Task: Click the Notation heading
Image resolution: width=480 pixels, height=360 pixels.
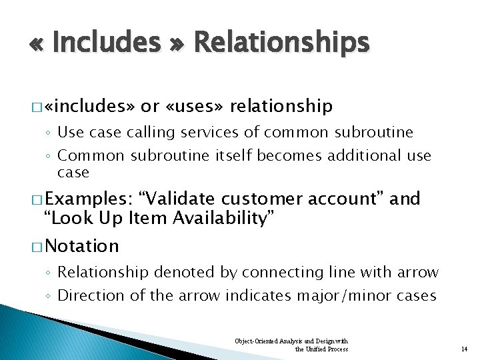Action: pyautogui.click(x=83, y=246)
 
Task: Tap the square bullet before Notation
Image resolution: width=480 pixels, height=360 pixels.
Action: pyautogui.click(x=42, y=247)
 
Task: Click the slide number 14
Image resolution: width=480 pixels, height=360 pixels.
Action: pyautogui.click(x=465, y=349)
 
